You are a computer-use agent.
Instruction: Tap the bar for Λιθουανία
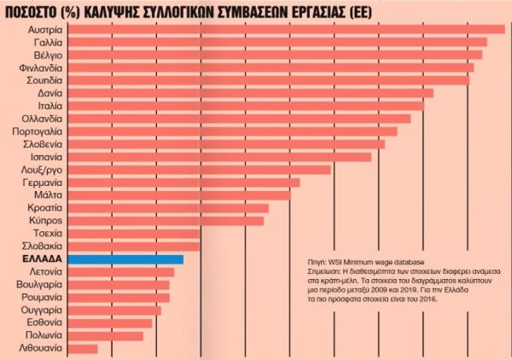coord(82,349)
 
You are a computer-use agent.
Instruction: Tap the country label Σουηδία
coord(38,80)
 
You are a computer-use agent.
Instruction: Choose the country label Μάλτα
coord(44,195)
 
